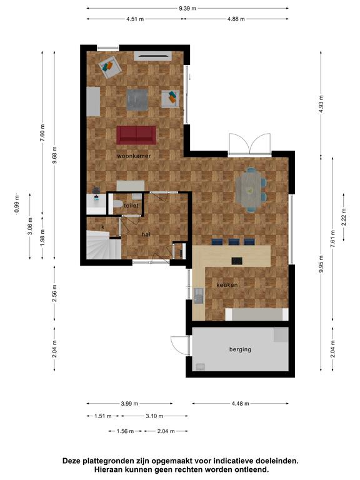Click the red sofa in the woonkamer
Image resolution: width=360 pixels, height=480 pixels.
coord(136,135)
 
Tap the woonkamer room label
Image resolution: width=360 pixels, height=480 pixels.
coord(134,156)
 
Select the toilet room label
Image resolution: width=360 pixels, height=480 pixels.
coord(131,206)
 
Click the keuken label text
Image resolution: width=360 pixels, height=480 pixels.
coord(227,285)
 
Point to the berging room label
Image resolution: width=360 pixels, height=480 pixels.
coord(240,349)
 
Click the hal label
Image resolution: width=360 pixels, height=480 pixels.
coord(146,234)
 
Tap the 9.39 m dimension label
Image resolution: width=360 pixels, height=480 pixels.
coord(187,8)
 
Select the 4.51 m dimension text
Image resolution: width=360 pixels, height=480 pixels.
coord(135,19)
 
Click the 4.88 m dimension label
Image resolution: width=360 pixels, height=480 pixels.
coord(236,19)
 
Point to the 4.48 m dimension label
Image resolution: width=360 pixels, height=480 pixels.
coord(240,404)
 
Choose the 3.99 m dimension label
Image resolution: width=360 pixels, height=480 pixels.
coord(129,404)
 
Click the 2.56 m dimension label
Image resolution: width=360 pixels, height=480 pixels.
coord(54,293)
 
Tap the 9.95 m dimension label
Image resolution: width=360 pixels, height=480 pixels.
coord(321,264)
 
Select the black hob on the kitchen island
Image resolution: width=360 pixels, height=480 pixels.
coord(237,261)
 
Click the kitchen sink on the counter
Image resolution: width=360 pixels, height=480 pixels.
coord(198,296)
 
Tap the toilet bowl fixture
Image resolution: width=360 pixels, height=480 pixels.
coord(117,204)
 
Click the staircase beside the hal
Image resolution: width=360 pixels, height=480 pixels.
coord(103,245)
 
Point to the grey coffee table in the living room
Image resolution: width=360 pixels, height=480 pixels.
coord(137,99)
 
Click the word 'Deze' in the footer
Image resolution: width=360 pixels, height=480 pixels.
coord(71,461)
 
